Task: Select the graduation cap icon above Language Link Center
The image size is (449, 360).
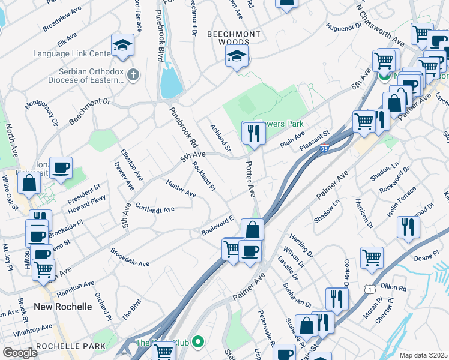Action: (x=122, y=45)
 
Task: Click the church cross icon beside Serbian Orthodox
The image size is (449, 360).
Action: (x=133, y=75)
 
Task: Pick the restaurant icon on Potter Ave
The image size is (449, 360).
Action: (x=253, y=133)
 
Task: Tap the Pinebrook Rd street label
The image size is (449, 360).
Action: (x=184, y=127)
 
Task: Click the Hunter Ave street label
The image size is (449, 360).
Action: (x=181, y=190)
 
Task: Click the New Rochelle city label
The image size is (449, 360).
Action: (x=63, y=306)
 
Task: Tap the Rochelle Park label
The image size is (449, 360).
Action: (x=71, y=346)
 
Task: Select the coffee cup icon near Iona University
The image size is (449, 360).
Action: (x=60, y=168)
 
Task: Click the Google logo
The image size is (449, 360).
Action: (x=19, y=353)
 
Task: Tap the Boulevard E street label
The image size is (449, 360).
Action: (x=217, y=226)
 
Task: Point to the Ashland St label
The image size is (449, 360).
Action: (x=220, y=137)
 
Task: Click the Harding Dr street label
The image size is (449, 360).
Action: (x=301, y=245)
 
